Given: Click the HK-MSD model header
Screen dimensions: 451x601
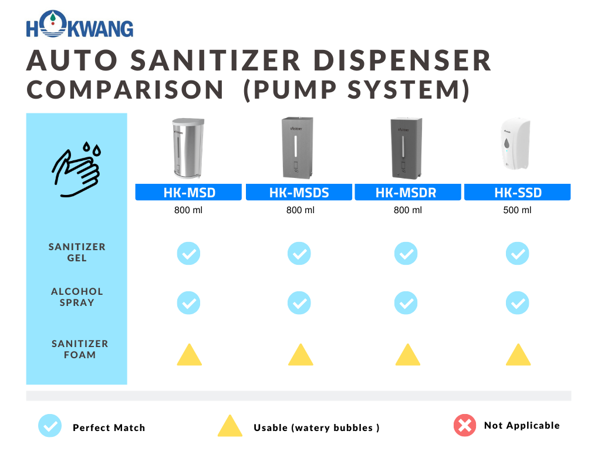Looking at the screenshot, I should tap(188, 192).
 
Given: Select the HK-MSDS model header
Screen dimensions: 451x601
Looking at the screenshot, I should tap(299, 192).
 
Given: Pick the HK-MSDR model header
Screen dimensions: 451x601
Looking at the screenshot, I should tap(407, 192).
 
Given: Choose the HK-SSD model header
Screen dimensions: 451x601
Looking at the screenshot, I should tap(517, 192).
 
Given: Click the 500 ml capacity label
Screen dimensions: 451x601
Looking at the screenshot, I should tap(517, 210).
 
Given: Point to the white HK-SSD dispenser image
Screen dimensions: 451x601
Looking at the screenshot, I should tap(516, 144).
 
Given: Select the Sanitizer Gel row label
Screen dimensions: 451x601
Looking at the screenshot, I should tap(77, 252).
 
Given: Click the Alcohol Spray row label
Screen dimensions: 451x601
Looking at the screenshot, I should tap(77, 297).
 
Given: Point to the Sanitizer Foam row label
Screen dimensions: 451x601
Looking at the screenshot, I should tap(80, 349).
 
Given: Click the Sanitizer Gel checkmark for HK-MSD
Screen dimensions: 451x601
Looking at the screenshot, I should tap(188, 254).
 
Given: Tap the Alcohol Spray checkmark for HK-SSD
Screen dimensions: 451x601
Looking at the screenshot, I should tap(517, 303).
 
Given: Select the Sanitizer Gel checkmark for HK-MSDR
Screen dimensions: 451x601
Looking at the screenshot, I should tap(406, 254).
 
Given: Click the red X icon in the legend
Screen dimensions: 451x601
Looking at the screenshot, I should tap(465, 425).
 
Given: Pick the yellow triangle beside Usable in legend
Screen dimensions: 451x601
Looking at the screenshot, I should tap(229, 426).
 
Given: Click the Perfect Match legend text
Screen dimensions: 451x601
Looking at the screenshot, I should tap(109, 428).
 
